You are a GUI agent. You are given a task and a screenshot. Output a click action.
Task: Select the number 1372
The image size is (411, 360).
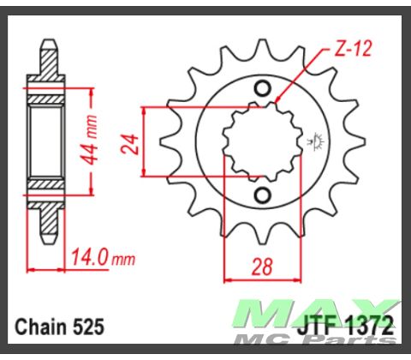click(370, 327)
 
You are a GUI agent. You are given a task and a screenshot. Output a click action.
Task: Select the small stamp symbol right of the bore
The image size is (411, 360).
click(316, 140)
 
